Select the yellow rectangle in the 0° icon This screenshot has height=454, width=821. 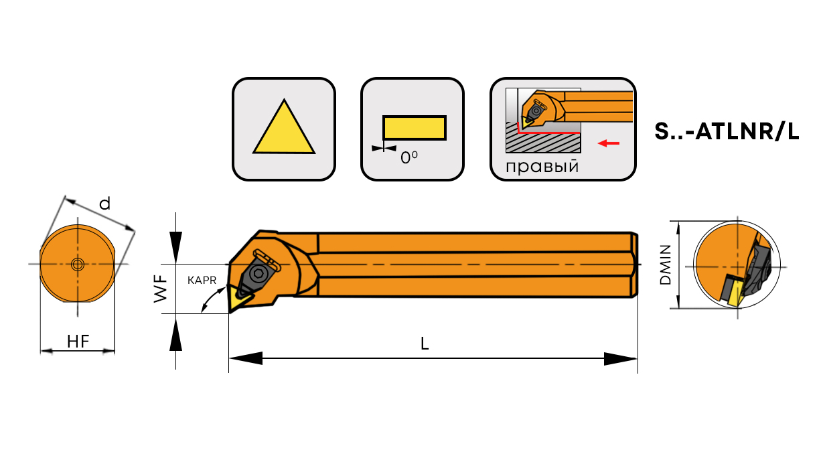click(x=414, y=128)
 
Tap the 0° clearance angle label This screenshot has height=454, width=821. click(x=409, y=158)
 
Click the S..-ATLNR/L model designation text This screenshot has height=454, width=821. click(x=727, y=132)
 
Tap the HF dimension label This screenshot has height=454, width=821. click(x=78, y=342)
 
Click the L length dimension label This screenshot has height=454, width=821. click(x=425, y=344)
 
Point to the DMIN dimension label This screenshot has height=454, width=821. click(x=666, y=265)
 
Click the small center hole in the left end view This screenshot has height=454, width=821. click(x=78, y=264)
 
